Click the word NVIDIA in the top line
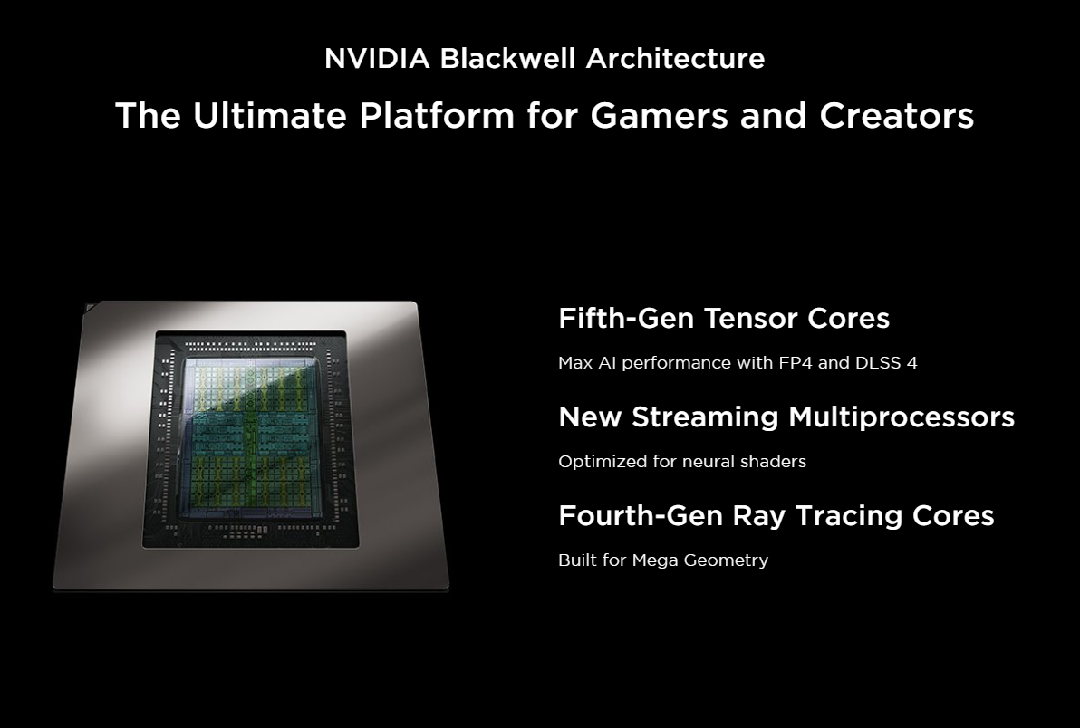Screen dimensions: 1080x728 [x=377, y=59]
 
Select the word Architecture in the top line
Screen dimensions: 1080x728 [x=675, y=59]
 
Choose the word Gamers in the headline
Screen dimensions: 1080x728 [x=660, y=115]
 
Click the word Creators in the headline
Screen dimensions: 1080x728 [x=896, y=115]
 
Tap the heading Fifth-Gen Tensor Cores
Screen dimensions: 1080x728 [x=724, y=319]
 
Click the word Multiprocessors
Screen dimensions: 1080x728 [x=902, y=417]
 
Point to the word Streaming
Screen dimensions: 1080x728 [x=705, y=417]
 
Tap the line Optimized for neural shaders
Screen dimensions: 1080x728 [x=682, y=461]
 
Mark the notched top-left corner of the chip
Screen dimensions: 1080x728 [x=87, y=305]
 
